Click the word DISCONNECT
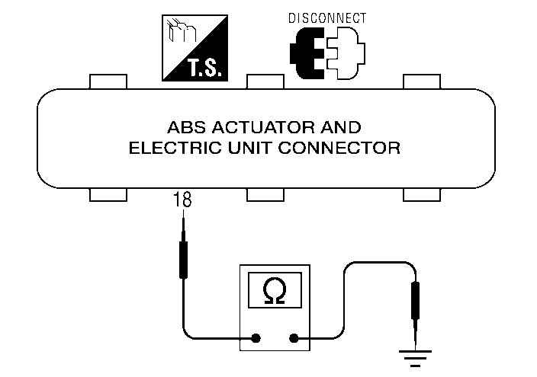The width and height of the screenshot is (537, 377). (328, 18)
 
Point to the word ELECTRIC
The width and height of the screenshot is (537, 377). (166, 149)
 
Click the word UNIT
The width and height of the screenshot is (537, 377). (234, 149)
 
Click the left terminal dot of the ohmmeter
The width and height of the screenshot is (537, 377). (256, 339)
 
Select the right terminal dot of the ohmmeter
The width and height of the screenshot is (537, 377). (294, 339)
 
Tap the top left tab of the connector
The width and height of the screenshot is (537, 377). (108, 81)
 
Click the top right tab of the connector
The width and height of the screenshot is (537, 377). (421, 81)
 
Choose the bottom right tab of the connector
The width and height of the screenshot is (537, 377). (421, 195)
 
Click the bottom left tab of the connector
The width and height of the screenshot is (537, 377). (108, 195)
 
